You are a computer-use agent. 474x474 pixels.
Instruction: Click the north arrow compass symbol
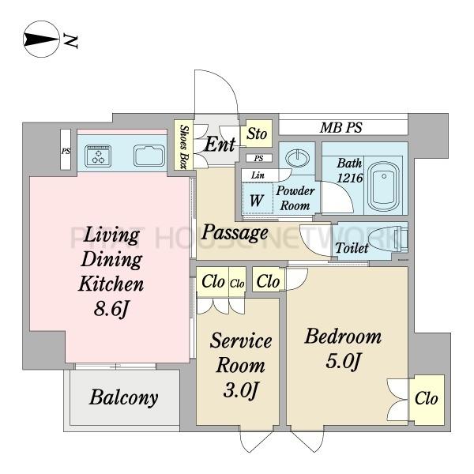pyautogui.click(x=41, y=39)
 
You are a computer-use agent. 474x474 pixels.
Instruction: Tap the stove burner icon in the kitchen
pyautogui.click(x=98, y=156)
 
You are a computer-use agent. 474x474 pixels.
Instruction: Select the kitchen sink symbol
pyautogui.click(x=149, y=156)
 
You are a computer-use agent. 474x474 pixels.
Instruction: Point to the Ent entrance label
pyautogui.click(x=220, y=145)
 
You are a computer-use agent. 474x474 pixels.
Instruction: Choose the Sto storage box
pyautogui.click(x=257, y=134)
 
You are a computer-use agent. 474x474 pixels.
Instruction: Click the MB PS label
pyautogui.click(x=341, y=128)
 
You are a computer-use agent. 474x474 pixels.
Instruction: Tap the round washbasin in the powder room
pyautogui.click(x=298, y=157)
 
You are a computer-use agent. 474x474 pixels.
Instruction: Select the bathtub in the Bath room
pyautogui.click(x=384, y=186)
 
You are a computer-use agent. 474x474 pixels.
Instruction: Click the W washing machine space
pyautogui.click(x=257, y=200)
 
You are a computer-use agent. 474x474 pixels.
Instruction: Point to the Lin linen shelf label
pyautogui.click(x=258, y=175)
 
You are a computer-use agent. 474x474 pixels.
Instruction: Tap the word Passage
pyautogui.click(x=235, y=233)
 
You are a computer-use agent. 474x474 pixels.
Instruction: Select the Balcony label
pyautogui.click(x=124, y=397)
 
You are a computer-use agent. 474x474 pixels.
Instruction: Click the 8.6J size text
pyautogui.click(x=111, y=309)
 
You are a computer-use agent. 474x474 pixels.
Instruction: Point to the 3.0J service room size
pyautogui.click(x=241, y=390)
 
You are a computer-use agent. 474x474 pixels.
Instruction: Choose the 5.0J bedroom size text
pyautogui.click(x=343, y=361)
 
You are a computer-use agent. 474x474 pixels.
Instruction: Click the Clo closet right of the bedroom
pyautogui.click(x=427, y=400)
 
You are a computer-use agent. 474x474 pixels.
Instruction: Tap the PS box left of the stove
pyautogui.click(x=66, y=149)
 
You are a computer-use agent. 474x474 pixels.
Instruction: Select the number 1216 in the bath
pyautogui.click(x=350, y=178)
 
